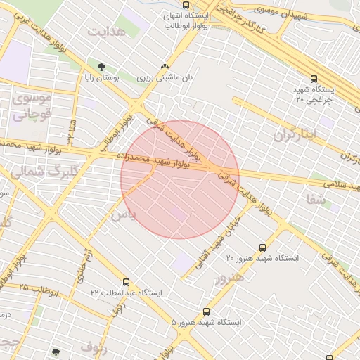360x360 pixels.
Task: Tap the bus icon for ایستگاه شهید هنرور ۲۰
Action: [x=262, y=247]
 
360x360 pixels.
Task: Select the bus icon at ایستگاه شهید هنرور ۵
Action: [x=206, y=311]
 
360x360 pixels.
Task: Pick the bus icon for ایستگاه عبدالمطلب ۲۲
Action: [x=126, y=282]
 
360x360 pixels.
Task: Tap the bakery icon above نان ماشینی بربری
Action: [x=165, y=66]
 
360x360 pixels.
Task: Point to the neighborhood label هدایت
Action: [x=107, y=32]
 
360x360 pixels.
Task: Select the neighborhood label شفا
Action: [x=314, y=200]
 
